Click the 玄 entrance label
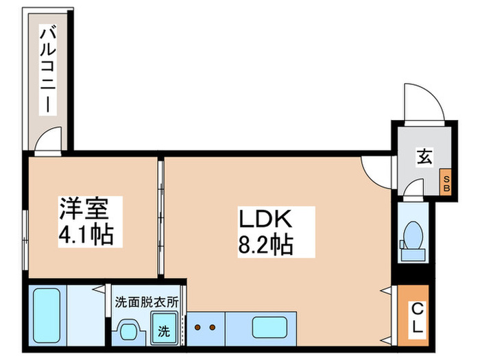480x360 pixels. pyautogui.click(x=422, y=157)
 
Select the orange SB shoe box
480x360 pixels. pyautogui.click(x=446, y=183)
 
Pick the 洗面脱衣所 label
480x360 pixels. pyautogui.click(x=147, y=300)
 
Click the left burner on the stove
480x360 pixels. pyautogui.click(x=197, y=327)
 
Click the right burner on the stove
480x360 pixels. pyautogui.click(x=213, y=327)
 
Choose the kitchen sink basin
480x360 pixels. pyautogui.click(x=270, y=327)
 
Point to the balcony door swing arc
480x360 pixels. pyautogui.click(x=49, y=141)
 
